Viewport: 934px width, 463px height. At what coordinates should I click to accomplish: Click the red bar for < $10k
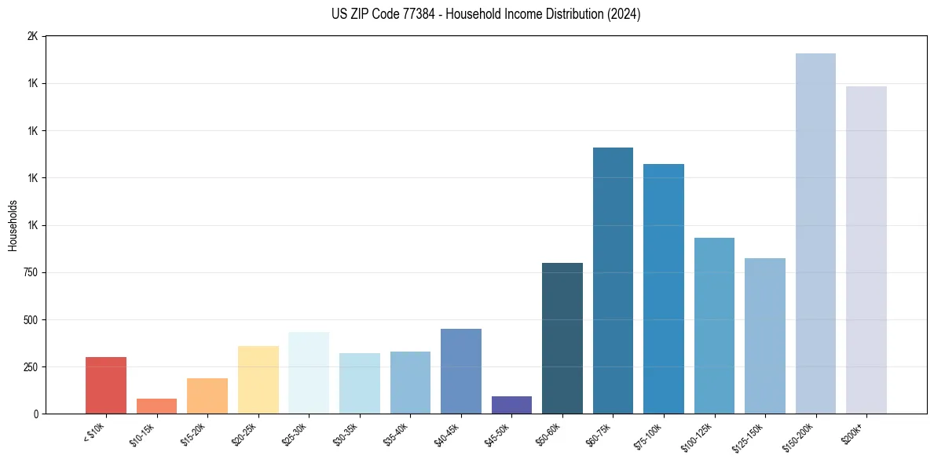pos(106,385)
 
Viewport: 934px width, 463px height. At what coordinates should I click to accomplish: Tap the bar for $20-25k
pos(258,380)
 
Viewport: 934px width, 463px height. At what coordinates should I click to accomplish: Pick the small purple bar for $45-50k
pos(511,405)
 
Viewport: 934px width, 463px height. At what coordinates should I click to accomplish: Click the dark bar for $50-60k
pos(562,338)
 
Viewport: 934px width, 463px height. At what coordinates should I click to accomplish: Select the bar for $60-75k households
pos(613,280)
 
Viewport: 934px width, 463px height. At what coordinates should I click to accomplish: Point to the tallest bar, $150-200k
pos(815,233)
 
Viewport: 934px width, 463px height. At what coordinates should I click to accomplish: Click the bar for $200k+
pos(866,250)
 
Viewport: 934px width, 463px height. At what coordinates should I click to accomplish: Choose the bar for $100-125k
pos(714,326)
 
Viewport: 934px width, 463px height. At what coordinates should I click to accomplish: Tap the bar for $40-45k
pos(461,371)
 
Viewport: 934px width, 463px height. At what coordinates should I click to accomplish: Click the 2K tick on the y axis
pos(32,36)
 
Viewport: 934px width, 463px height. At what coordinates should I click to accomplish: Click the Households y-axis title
pos(13,225)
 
